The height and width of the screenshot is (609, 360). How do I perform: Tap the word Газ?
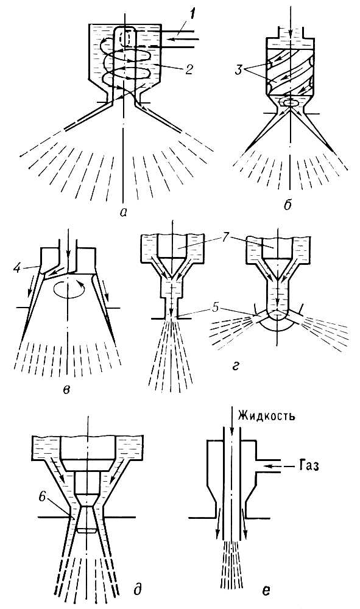coord(306,465)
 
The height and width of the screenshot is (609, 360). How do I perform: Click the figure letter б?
coord(288,205)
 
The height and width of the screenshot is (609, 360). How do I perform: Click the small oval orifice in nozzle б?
coord(290,102)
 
